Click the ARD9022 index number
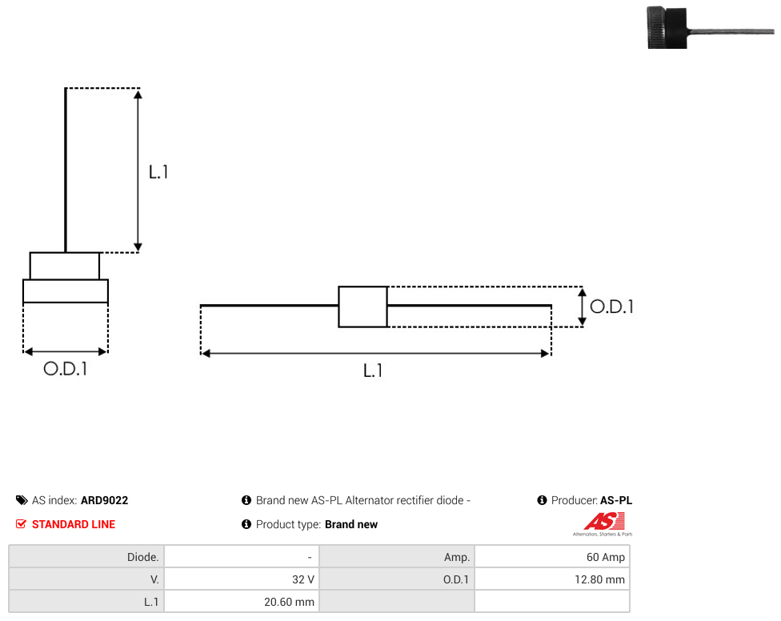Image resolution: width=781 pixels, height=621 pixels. [x=104, y=500]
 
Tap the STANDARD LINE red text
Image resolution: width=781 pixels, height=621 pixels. [x=74, y=524]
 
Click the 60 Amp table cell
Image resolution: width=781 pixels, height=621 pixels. [x=552, y=557]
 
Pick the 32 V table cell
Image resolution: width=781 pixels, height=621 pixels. [x=242, y=579]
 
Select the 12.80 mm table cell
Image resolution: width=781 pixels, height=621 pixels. [x=552, y=579]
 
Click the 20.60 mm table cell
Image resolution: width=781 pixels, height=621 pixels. [x=242, y=602]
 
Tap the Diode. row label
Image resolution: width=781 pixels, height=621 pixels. [x=86, y=557]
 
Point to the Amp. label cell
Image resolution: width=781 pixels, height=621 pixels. [x=397, y=557]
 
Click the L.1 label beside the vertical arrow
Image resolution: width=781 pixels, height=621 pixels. [x=158, y=172]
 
